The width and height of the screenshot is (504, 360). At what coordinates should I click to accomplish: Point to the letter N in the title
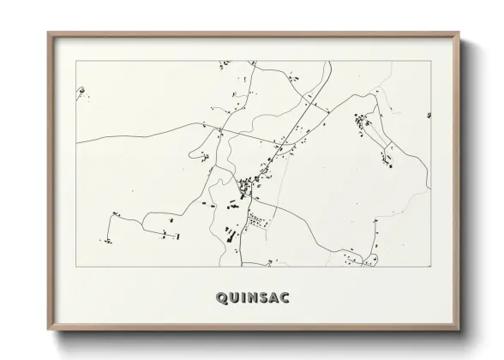(x=255, y=298)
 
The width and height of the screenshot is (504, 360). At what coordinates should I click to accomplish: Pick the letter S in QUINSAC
(x=267, y=298)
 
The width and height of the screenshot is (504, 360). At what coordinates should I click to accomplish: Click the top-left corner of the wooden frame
(x=48, y=33)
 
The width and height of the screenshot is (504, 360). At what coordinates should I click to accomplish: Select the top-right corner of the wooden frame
(x=461, y=33)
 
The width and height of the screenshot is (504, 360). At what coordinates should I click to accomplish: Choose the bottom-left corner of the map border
(x=76, y=267)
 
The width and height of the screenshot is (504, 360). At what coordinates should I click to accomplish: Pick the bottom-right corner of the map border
(x=431, y=267)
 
